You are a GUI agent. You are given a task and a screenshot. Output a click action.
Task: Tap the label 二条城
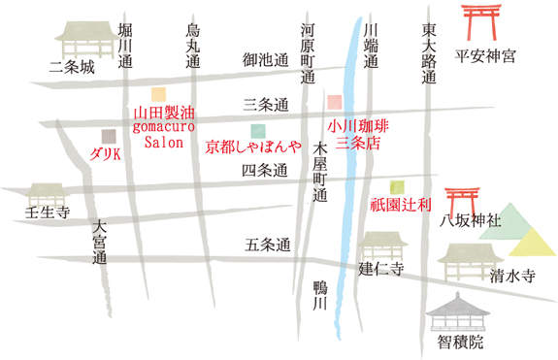(x=74, y=68)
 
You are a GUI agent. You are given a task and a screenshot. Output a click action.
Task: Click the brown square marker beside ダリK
(x=107, y=135)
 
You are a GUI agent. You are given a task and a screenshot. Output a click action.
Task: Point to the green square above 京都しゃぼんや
(x=256, y=131)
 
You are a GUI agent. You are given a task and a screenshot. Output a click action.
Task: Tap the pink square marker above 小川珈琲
(x=335, y=102)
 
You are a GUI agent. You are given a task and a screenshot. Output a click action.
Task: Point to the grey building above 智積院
(x=460, y=312)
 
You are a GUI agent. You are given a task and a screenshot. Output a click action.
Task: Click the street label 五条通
(x=268, y=246)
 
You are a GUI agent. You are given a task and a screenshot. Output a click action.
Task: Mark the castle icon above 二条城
(x=80, y=40)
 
